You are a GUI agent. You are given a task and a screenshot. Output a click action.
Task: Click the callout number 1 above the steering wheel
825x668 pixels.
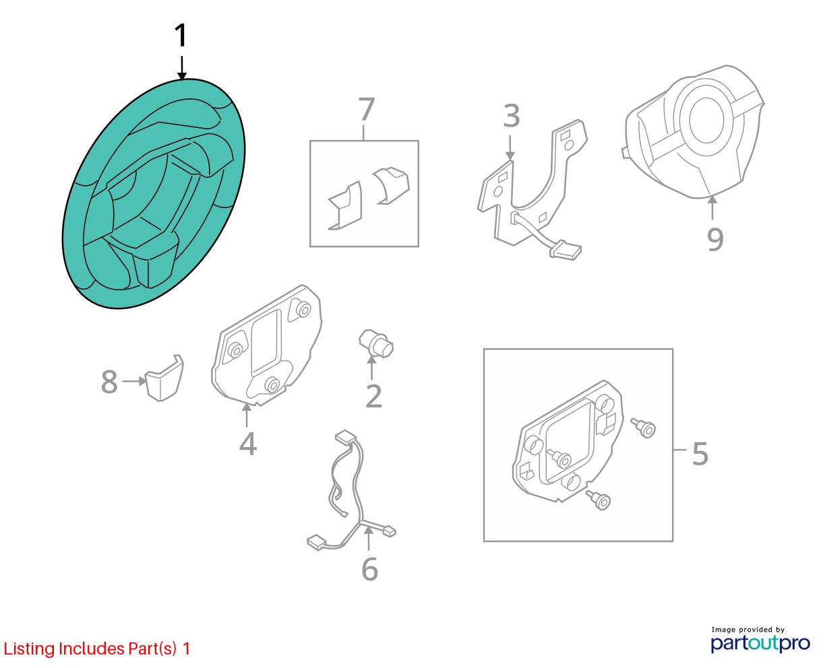click(181, 35)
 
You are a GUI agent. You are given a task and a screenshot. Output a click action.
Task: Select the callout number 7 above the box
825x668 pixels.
click(366, 109)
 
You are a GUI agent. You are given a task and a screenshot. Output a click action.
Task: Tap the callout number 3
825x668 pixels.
click(512, 116)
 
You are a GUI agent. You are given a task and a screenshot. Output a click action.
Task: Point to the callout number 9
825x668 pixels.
click(715, 240)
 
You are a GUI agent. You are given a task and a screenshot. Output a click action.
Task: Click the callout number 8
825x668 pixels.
click(109, 382)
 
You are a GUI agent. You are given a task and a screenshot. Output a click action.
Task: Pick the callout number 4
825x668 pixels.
click(248, 444)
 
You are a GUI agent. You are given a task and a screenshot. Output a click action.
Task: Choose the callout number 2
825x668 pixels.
click(374, 396)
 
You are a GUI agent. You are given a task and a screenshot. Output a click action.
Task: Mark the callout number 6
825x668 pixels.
click(369, 569)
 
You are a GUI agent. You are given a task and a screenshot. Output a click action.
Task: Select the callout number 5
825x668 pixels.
click(700, 454)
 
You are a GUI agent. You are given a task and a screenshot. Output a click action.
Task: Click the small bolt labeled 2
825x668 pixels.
click(376, 343)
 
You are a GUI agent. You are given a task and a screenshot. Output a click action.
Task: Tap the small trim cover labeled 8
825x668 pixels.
click(164, 377)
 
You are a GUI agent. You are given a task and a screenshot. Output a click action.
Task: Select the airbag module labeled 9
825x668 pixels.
click(694, 131)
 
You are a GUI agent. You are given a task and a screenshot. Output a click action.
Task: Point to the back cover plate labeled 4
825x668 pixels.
click(266, 345)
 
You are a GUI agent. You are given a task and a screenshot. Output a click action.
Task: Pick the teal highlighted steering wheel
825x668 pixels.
click(154, 193)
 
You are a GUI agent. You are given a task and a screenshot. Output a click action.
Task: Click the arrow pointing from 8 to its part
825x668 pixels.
click(134, 381)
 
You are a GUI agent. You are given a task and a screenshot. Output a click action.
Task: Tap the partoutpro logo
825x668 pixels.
click(760, 643)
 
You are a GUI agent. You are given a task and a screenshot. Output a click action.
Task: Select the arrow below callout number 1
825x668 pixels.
click(182, 68)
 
